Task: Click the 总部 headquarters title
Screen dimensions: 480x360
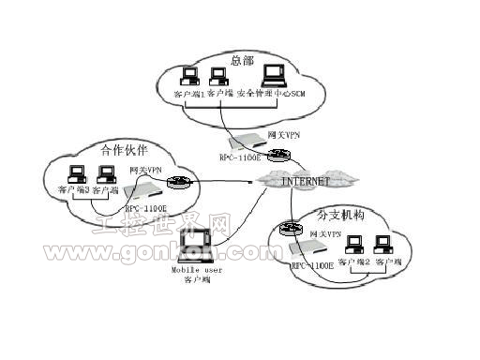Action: [242, 60]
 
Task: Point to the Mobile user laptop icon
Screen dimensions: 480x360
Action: [193, 252]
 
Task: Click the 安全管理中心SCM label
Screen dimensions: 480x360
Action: [271, 94]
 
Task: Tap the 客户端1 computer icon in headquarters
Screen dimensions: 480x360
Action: [190, 77]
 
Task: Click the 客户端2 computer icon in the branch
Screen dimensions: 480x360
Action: [353, 245]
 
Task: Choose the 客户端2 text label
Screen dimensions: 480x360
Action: [354, 264]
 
